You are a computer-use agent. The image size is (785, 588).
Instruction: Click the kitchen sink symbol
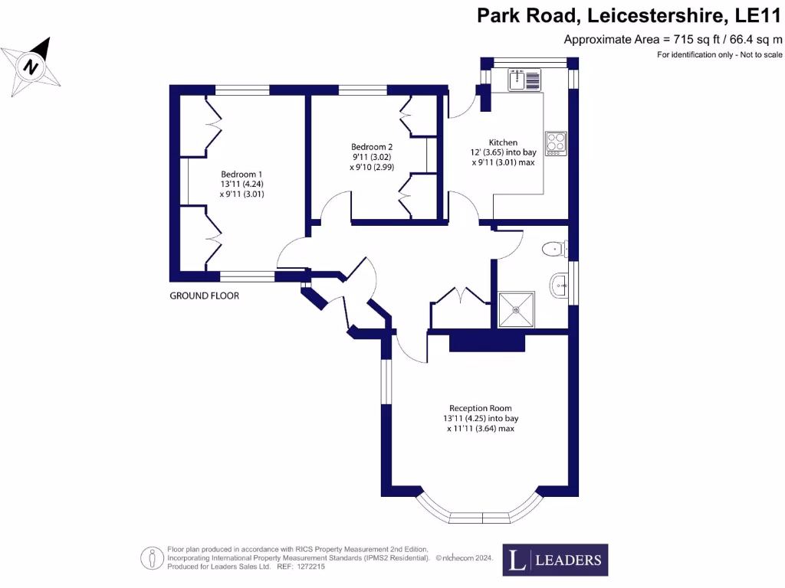coord(524,80)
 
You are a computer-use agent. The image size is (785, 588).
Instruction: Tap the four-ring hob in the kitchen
coord(556,143)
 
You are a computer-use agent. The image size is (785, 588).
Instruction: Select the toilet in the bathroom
coord(554,249)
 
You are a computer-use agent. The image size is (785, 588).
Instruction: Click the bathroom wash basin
coord(559,286)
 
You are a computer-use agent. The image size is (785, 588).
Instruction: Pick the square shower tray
coord(516,310)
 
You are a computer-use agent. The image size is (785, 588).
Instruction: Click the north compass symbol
coord(31,66)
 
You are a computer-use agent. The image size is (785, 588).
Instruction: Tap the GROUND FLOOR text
coord(204,296)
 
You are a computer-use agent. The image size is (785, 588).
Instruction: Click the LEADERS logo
coord(555,560)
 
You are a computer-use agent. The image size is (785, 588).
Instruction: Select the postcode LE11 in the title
coord(757,15)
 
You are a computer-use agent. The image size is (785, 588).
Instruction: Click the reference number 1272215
coord(311,567)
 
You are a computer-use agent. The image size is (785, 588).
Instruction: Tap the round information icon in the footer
coord(152,558)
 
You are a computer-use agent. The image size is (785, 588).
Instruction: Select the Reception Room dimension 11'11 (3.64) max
coord(481,429)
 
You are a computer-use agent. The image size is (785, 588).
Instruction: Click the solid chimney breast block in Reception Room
coord(487,343)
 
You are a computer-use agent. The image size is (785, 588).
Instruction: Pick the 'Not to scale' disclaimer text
coord(761,54)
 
